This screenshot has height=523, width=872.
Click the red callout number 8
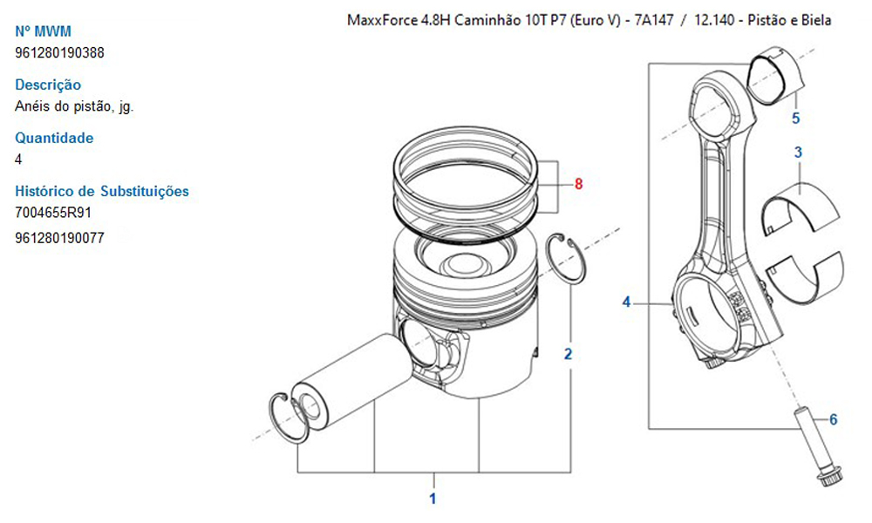[578, 183]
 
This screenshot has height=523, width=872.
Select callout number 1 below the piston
[433, 499]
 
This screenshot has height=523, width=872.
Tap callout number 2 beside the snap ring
[568, 354]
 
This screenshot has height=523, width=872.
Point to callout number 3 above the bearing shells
[798, 153]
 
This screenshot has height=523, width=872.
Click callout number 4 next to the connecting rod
[626, 302]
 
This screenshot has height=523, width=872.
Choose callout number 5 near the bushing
[796, 118]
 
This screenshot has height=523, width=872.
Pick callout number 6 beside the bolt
[833, 419]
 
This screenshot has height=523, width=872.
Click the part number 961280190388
[59, 53]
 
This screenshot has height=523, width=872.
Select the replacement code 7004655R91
[53, 213]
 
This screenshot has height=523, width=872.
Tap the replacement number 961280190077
[59, 238]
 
